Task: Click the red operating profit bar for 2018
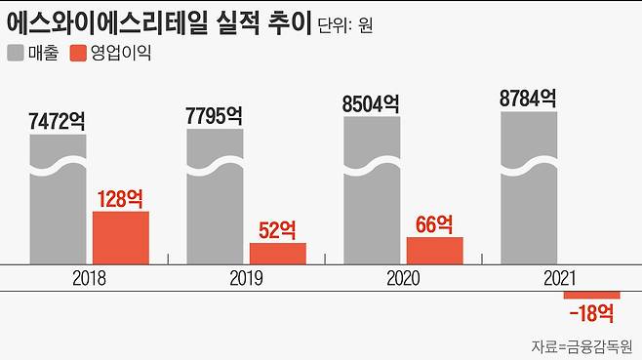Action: point(121,237)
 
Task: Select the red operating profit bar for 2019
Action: point(278,253)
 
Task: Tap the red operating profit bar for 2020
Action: point(435,250)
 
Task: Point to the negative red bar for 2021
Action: point(592,296)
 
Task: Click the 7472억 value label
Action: point(58,122)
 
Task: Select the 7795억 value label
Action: point(214,115)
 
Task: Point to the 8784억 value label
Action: point(528,98)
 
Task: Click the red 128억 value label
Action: point(121,199)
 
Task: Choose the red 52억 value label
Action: point(278,230)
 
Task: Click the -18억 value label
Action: point(591,313)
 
